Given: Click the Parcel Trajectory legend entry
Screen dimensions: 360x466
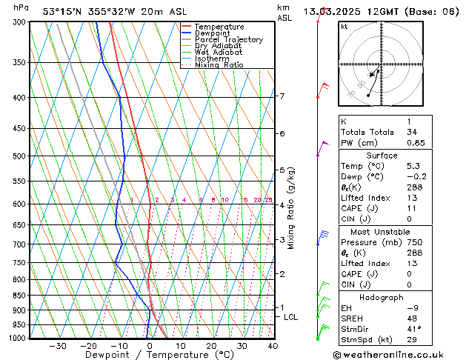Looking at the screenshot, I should point(228,39).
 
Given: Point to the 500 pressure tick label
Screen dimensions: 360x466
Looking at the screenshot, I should point(20,156).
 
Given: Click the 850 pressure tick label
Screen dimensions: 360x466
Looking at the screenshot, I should point(20,296).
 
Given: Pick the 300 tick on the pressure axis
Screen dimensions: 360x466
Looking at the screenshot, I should point(20,22).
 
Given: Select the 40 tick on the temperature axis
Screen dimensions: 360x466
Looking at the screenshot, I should point(273,346).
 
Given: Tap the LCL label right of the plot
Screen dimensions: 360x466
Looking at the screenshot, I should point(291,317).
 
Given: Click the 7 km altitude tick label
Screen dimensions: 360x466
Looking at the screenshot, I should point(282,96).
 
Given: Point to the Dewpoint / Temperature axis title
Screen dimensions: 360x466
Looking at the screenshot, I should point(150,355).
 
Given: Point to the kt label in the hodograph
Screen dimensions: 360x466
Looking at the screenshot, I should point(344,27).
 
